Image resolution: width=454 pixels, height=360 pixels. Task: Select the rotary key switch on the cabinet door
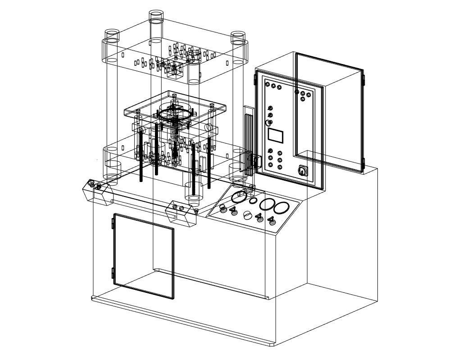[301, 171]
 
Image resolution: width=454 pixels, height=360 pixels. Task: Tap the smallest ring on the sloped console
[253, 201]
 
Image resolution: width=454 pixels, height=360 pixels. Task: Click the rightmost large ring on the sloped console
[281, 208]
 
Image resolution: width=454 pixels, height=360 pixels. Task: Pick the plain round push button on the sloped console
[247, 215]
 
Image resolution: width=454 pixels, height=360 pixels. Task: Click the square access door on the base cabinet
[143, 256]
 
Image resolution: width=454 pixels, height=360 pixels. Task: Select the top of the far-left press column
[112, 35]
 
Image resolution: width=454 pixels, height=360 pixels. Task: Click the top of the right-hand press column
[237, 36]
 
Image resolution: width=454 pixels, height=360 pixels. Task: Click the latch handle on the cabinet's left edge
[256, 161]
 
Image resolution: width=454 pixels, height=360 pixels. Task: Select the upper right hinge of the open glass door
[364, 81]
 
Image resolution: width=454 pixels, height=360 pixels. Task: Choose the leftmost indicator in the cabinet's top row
[268, 84]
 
